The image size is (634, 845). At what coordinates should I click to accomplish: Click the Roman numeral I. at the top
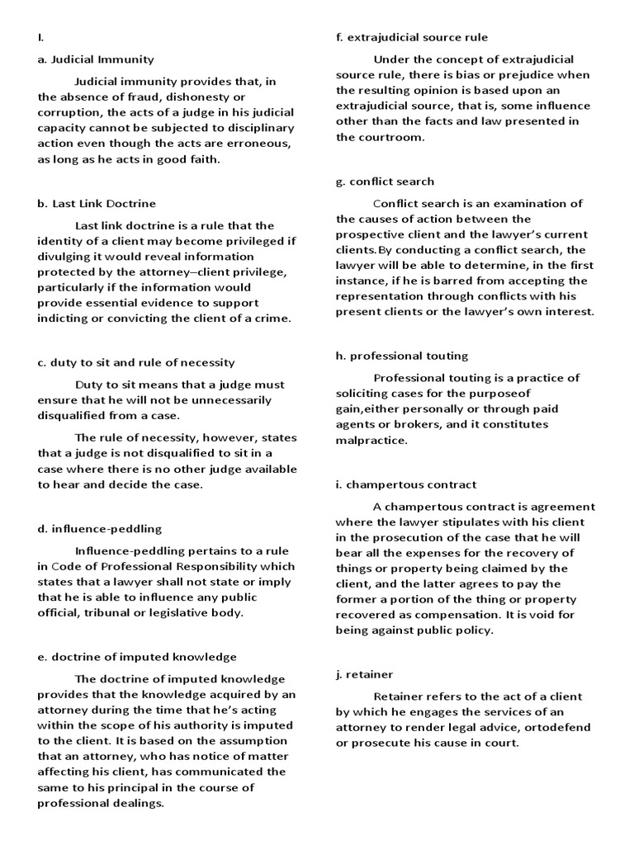click(x=40, y=37)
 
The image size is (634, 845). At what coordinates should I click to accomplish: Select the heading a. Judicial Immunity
click(x=96, y=59)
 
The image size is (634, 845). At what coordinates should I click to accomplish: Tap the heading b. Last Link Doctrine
click(x=97, y=203)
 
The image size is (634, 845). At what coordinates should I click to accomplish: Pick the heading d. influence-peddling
click(x=100, y=528)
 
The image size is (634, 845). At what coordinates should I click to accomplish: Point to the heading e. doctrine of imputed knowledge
click(x=137, y=657)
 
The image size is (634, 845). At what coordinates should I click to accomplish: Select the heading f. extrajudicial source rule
click(x=411, y=37)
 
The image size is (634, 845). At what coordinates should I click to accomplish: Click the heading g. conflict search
click(x=385, y=182)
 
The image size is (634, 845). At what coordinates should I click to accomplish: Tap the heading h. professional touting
click(x=402, y=356)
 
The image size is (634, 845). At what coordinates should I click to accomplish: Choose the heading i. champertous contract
click(x=406, y=484)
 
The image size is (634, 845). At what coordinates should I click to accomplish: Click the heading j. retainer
click(x=365, y=674)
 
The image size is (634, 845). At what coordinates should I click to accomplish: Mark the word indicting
click(x=64, y=319)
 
